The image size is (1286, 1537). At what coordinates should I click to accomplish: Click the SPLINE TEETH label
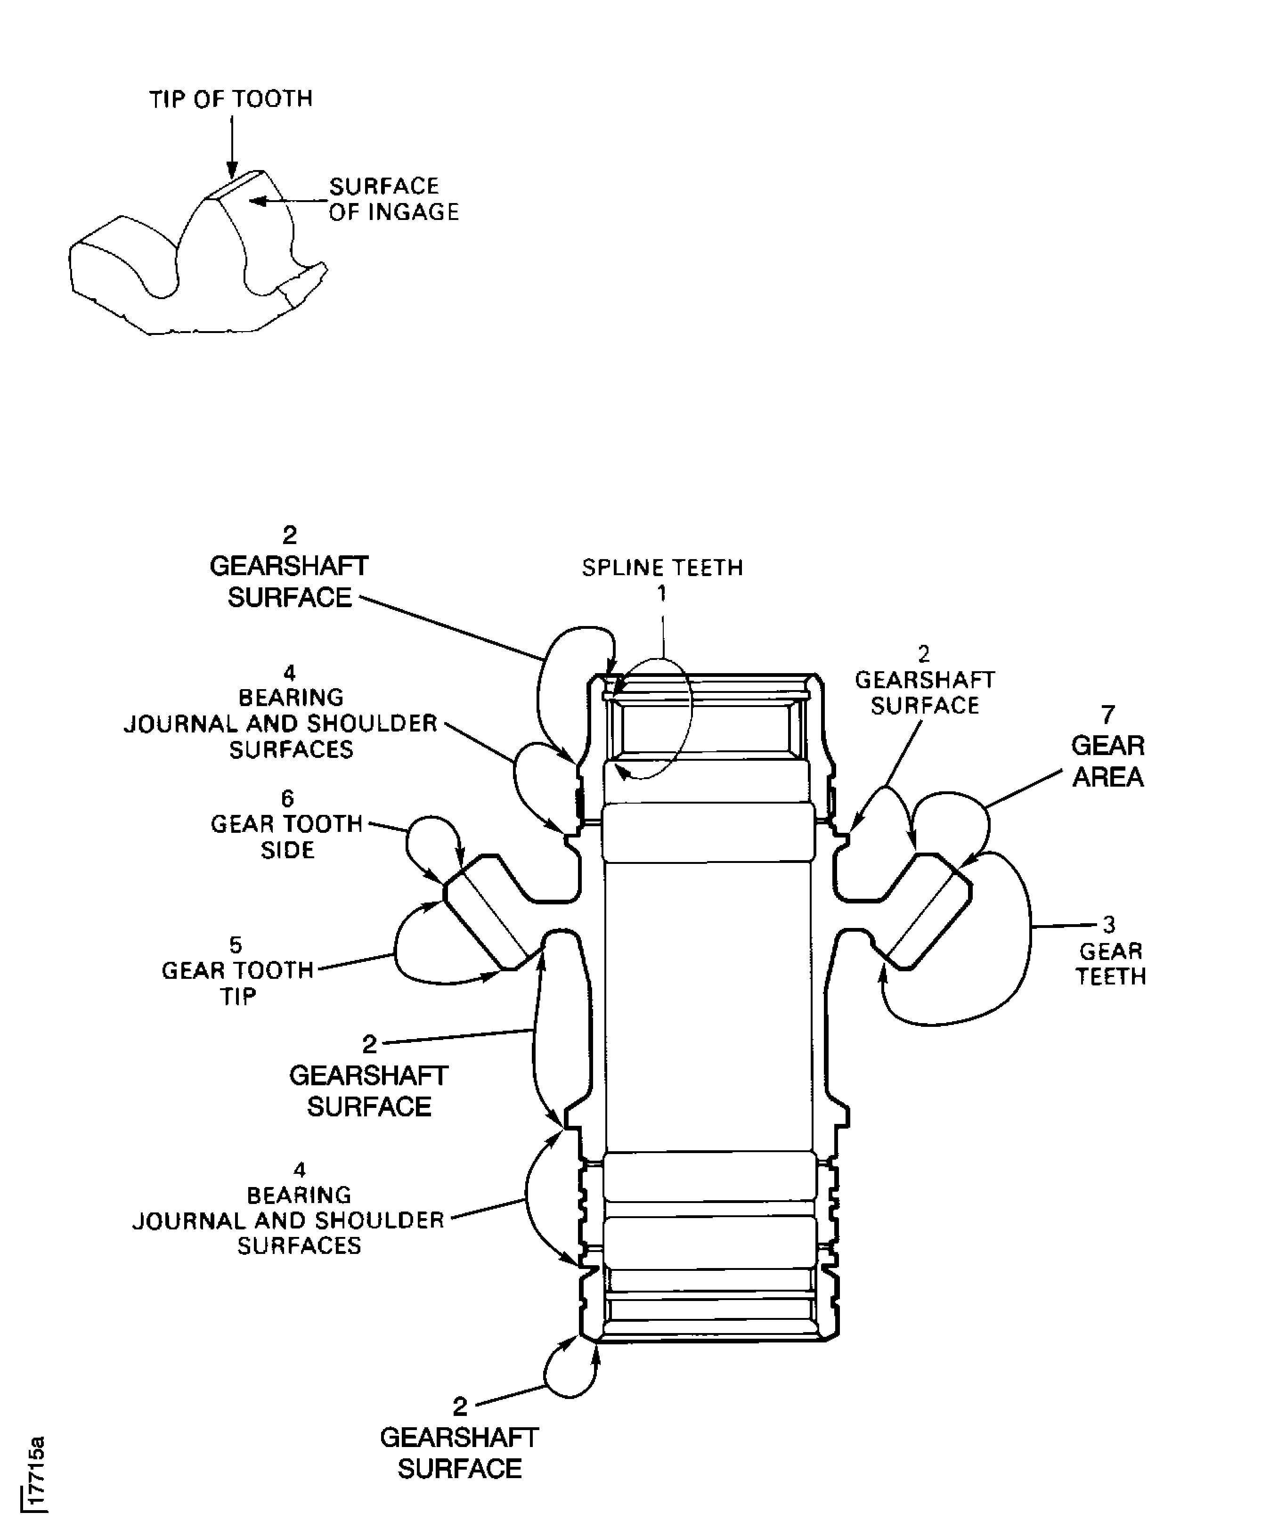(662, 568)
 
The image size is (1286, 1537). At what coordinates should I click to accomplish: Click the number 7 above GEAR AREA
(1107, 715)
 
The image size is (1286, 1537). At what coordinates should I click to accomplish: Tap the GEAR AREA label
(1107, 761)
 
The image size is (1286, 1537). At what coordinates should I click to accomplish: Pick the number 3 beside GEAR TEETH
(1109, 925)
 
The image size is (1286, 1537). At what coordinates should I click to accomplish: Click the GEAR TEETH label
(1110, 963)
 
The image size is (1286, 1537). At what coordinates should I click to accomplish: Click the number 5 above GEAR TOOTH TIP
(235, 945)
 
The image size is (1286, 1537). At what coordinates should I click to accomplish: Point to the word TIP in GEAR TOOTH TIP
(239, 996)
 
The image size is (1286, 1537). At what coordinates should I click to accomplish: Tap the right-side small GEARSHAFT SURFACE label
(924, 692)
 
